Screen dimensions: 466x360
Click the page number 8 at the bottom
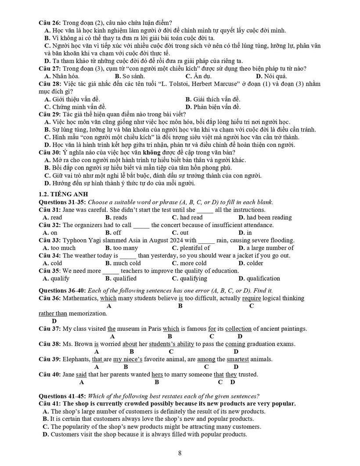click(x=180, y=453)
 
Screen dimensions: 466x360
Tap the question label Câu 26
click(x=50, y=23)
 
